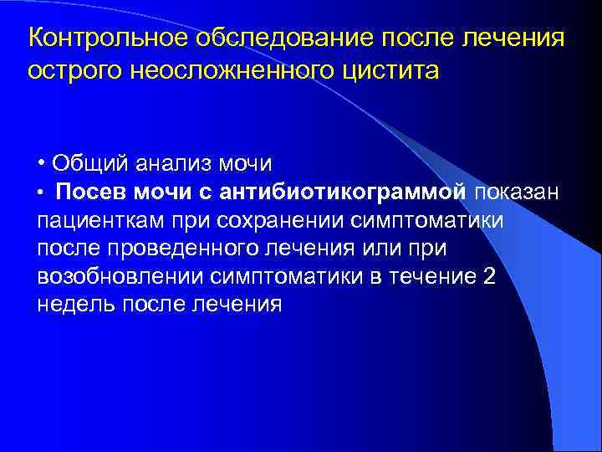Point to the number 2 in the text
[489, 276]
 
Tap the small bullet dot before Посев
[42, 194]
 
